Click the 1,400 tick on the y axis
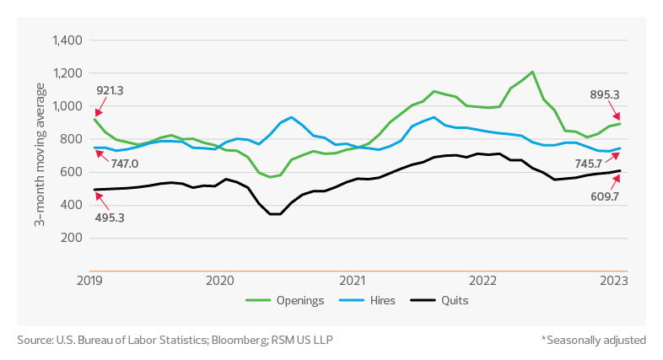[66, 40]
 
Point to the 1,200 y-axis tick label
[66, 73]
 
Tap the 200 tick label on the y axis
[72, 238]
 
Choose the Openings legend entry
[293, 299]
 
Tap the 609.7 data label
[599, 198]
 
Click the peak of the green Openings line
[532, 72]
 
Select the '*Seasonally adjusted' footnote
[594, 340]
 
